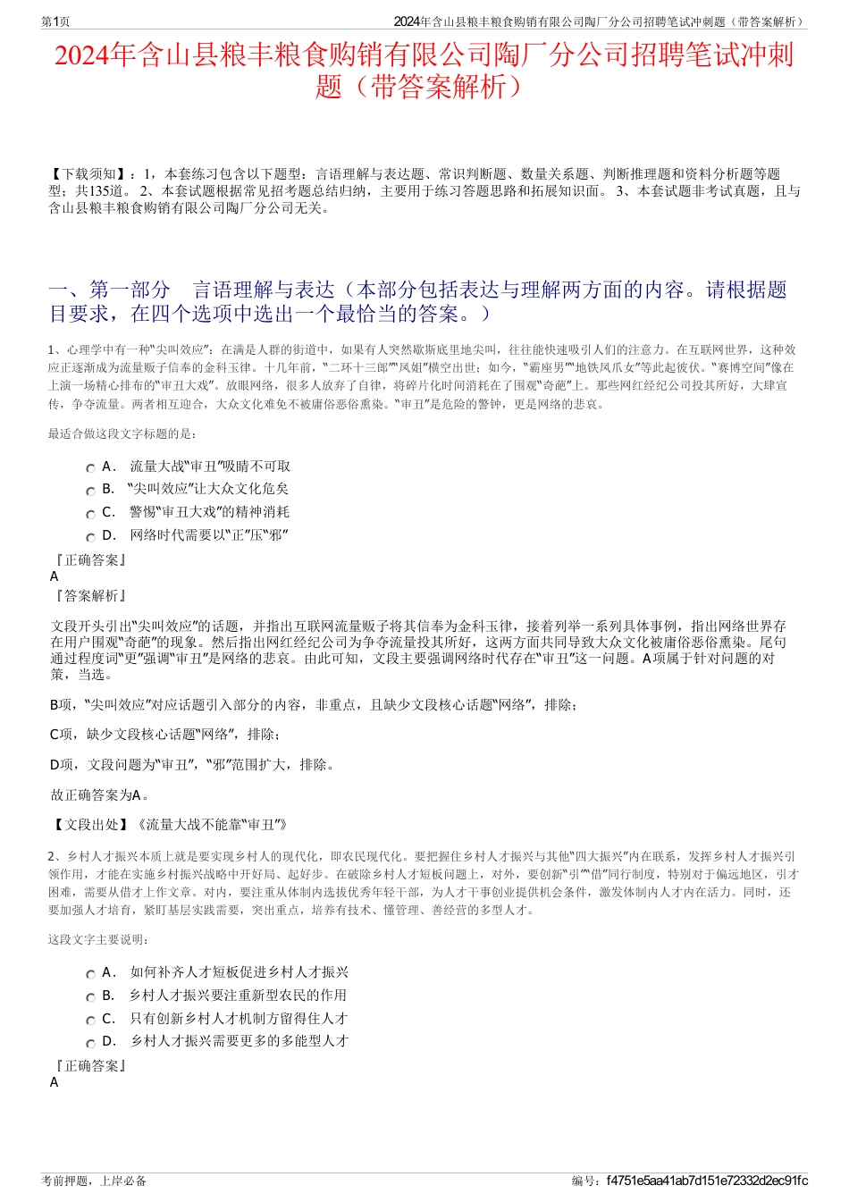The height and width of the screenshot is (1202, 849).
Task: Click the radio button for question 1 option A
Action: [90, 468]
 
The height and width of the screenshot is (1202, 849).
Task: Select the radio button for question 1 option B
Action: [90, 491]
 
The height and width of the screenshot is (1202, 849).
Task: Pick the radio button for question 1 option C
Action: [90, 514]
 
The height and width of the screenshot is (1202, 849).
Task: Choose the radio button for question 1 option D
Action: [90, 537]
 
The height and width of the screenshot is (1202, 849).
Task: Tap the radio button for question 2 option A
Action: [90, 974]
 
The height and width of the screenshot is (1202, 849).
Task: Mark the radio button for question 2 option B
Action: [90, 997]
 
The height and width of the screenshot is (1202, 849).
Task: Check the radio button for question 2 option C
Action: [90, 1021]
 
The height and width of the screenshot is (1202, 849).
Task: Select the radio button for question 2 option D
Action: [90, 1043]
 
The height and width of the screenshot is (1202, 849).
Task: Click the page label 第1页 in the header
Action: [56, 21]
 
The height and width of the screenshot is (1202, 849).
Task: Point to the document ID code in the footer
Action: [706, 1181]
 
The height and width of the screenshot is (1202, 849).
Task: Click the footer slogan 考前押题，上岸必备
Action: [94, 1181]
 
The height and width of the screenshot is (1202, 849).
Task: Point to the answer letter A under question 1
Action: [55, 576]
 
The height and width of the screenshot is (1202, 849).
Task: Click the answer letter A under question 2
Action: [55, 1082]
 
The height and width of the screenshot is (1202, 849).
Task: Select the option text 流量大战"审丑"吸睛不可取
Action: [210, 467]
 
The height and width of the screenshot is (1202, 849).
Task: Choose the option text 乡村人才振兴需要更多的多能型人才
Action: [240, 1041]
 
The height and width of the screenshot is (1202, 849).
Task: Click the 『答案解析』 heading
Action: [90, 596]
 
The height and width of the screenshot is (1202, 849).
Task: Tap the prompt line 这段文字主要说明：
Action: [99, 939]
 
